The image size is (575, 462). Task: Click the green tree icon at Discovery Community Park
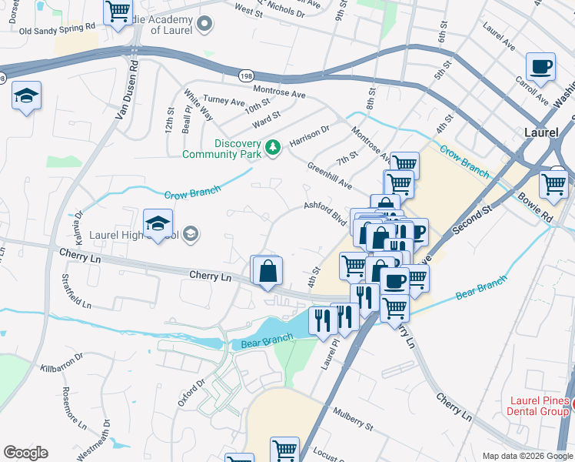coord(272,146)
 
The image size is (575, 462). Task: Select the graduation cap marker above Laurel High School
coord(158,223)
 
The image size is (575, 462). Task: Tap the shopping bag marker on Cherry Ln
coord(268,271)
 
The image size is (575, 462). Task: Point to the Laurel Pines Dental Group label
coord(540,407)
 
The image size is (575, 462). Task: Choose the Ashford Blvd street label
coord(324,212)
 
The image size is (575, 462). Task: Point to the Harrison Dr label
coord(309,137)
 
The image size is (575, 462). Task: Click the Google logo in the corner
coord(25,453)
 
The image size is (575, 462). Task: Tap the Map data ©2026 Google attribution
coord(527,456)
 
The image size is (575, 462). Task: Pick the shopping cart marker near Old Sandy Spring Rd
coord(118,13)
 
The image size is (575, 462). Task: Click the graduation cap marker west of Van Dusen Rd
coord(26,97)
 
